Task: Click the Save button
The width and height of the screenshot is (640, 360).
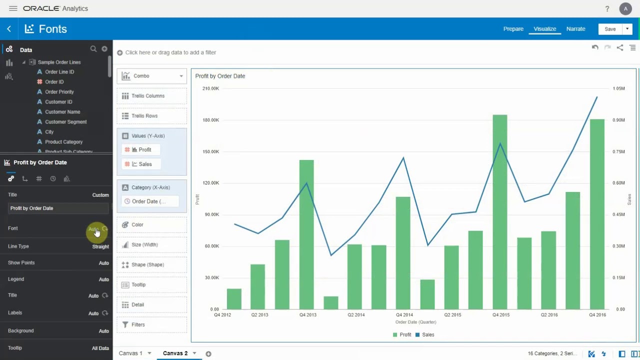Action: [x=610, y=29]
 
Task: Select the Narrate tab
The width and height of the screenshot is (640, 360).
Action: [x=575, y=29]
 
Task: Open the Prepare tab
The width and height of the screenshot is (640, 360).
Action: [x=513, y=29]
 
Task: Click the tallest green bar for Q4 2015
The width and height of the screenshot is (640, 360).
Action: [x=500, y=210]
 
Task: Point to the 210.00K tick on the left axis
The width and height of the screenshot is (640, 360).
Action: [x=210, y=88]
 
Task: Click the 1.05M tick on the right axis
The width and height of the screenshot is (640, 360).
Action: [x=618, y=88]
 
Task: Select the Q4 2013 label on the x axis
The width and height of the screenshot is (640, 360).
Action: [x=307, y=315]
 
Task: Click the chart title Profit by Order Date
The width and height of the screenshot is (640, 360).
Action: [x=220, y=76]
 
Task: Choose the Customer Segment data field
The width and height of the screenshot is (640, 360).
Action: [x=65, y=122]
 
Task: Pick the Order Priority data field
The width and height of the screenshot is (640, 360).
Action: [x=59, y=92]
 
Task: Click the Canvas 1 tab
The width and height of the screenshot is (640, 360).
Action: [x=130, y=353]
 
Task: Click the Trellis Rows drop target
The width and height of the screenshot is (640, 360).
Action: [x=152, y=116]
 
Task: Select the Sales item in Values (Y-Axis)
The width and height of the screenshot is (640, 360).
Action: [x=145, y=164]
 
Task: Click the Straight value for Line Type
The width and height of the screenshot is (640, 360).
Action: [x=100, y=246]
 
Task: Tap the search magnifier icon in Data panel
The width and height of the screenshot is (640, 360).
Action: [x=93, y=49]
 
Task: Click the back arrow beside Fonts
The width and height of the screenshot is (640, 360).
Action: [x=9, y=29]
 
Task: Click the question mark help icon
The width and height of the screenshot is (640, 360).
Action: [x=607, y=9]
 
